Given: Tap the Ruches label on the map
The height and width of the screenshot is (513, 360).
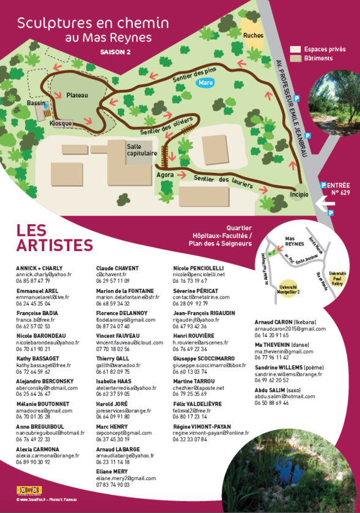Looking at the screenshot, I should pyautogui.click(x=253, y=35).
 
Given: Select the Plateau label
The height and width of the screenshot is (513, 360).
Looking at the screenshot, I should pyautogui.click(x=78, y=95).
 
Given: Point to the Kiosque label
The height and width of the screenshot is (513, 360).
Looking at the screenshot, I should pyautogui.click(x=61, y=123).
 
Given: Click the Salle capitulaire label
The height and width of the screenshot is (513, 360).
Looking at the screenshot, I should pyautogui.click(x=142, y=150).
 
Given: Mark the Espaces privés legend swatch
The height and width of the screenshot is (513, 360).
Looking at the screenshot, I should pyautogui.click(x=295, y=49).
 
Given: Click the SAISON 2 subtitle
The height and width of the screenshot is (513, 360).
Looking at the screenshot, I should pyautogui.click(x=116, y=53).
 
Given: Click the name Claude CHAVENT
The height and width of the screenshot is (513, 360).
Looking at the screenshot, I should pyautogui.click(x=117, y=268).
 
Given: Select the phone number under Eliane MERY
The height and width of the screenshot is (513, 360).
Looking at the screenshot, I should pyautogui.click(x=113, y=484).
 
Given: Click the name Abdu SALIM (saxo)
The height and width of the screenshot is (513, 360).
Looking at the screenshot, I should pyautogui.click(x=278, y=389).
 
